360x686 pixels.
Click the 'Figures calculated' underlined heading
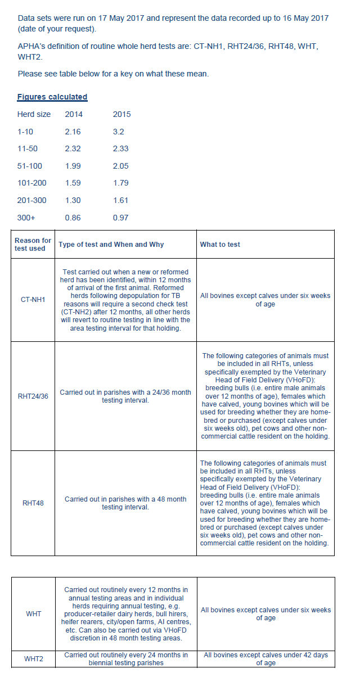click(52, 97)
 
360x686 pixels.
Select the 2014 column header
click(74, 114)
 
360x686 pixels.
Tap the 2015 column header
click(121, 114)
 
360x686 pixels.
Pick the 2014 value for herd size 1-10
click(73, 132)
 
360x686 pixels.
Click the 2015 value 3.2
click(118, 132)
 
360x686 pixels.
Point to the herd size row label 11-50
click(29, 148)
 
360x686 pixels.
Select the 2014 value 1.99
click(73, 166)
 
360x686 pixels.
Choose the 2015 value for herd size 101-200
click(120, 183)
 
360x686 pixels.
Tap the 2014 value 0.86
click(73, 218)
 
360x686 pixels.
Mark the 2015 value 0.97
click(120, 218)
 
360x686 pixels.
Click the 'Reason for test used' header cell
click(33, 244)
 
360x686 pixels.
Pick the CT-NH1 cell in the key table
click(33, 300)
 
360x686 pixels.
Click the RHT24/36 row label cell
click(33, 396)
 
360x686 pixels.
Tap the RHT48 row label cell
click(33, 503)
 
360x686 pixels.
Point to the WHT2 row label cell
click(33, 659)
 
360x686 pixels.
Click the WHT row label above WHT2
click(33, 613)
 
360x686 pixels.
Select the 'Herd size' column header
click(34, 114)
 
